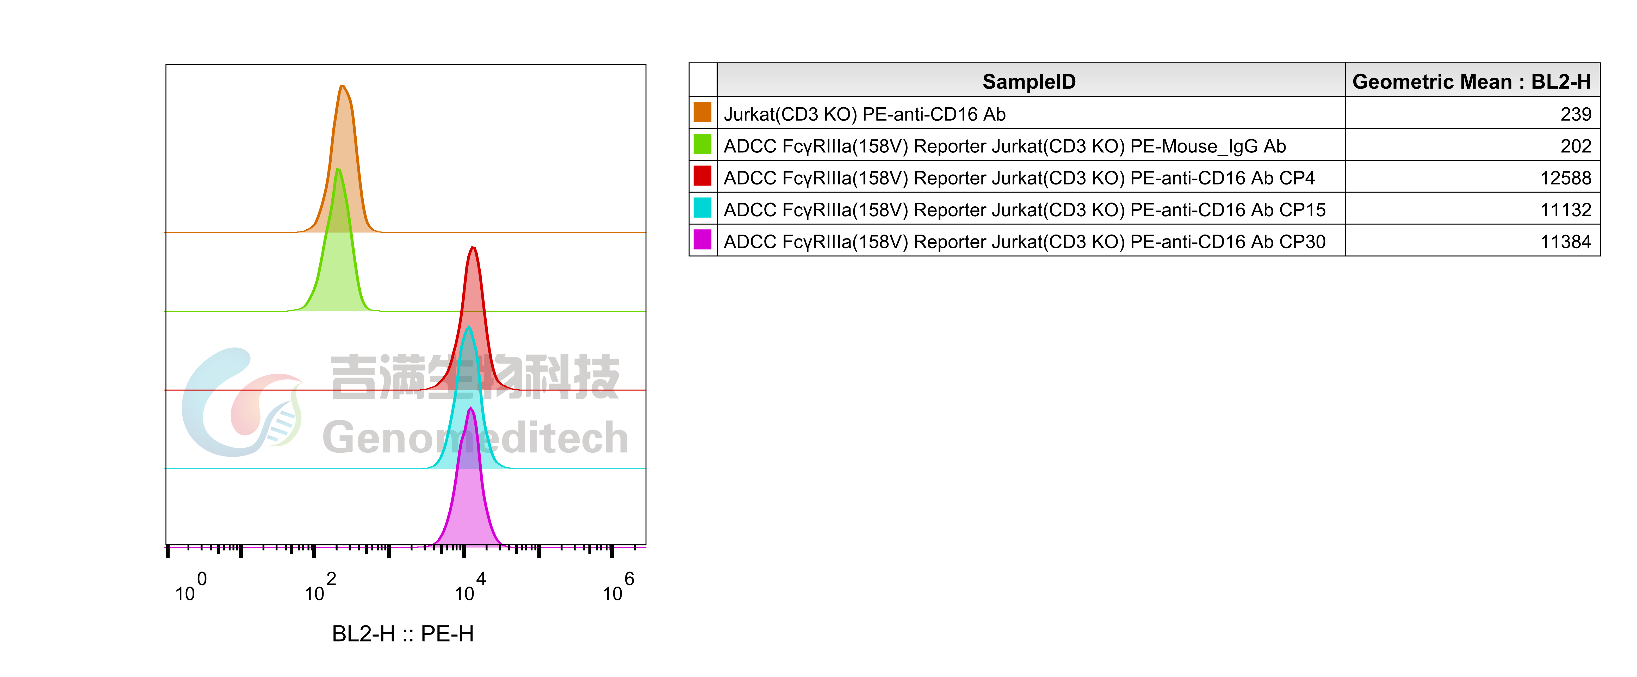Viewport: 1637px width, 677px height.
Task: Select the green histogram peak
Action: click(x=338, y=170)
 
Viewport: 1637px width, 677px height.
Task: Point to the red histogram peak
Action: click(x=472, y=249)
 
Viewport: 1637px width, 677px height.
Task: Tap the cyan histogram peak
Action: click(x=469, y=328)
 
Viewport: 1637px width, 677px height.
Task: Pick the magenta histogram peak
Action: click(x=470, y=409)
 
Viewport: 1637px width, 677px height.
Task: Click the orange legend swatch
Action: click(x=702, y=112)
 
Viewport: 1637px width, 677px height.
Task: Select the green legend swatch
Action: click(x=702, y=144)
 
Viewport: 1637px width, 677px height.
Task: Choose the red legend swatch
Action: click(x=702, y=175)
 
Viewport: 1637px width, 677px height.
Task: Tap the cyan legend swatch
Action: click(x=702, y=207)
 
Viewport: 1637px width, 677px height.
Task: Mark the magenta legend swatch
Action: click(x=702, y=240)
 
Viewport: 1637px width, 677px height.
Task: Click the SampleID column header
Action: click(x=1029, y=81)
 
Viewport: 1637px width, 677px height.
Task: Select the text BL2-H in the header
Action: click(x=1561, y=81)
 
